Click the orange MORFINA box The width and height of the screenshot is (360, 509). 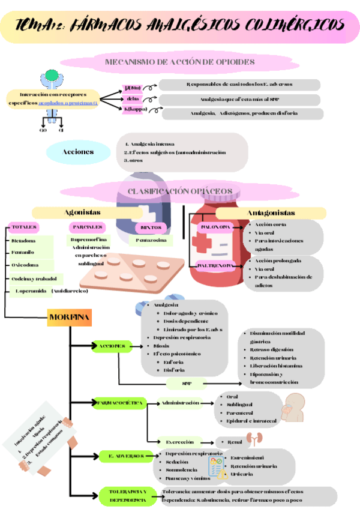pyautogui.click(x=70, y=317)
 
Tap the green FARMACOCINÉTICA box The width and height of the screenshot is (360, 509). pyautogui.click(x=119, y=403)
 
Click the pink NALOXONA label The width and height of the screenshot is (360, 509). pyautogui.click(x=214, y=228)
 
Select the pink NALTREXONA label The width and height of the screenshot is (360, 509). pyautogui.click(x=216, y=265)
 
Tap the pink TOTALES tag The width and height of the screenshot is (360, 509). pyautogui.click(x=24, y=227)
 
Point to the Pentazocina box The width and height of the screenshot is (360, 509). pyautogui.click(x=150, y=240)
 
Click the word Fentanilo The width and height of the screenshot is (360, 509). pyautogui.click(x=23, y=252)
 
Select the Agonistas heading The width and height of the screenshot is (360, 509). pyautogui.click(x=82, y=212)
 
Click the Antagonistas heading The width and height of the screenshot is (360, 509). pyautogui.click(x=271, y=212)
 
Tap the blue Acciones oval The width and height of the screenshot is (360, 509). pyautogui.click(x=78, y=152)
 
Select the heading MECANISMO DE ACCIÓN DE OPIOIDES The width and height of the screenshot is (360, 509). pyautogui.click(x=179, y=62)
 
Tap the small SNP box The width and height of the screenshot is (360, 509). pyautogui.click(x=186, y=384)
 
